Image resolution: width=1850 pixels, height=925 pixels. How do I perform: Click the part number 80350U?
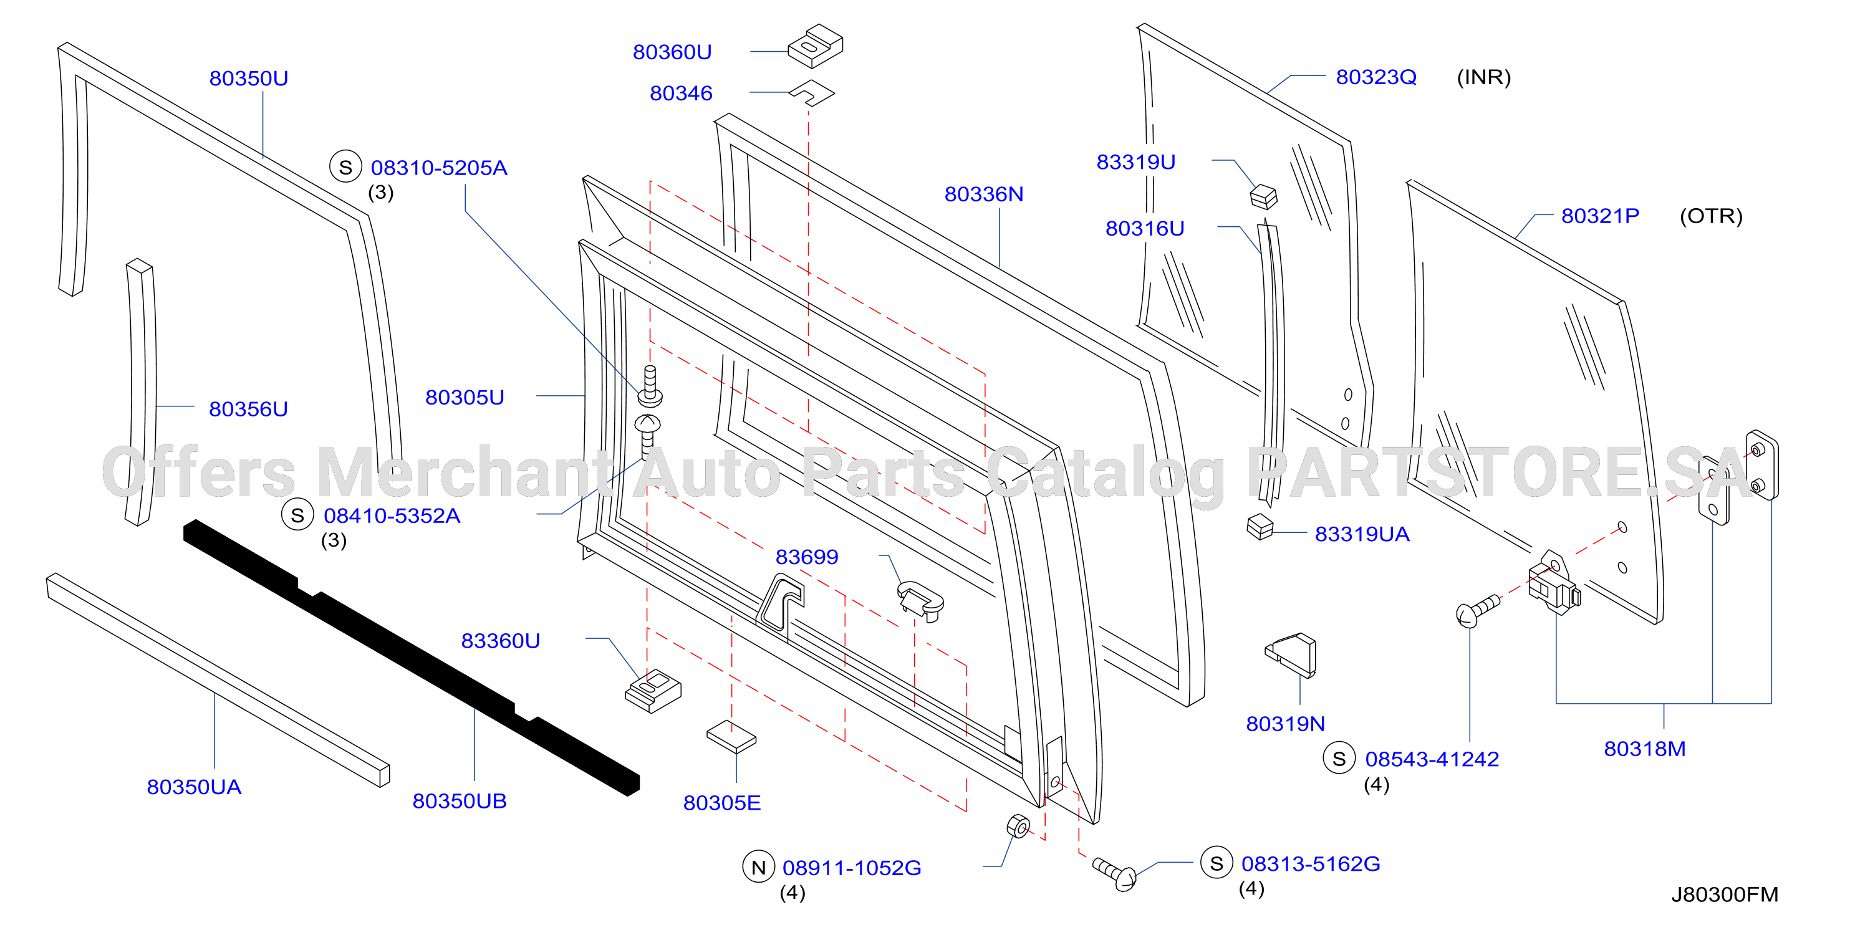point(249,79)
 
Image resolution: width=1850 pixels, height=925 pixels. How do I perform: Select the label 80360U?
point(672,52)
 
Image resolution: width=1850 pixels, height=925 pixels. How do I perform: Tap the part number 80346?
point(681,93)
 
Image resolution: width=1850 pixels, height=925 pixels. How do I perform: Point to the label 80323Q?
point(1376,77)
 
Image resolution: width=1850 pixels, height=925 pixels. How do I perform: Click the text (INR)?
point(1484,77)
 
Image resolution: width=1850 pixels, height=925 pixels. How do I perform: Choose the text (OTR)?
point(1711,216)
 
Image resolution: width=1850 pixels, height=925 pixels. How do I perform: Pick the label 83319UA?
point(1362,534)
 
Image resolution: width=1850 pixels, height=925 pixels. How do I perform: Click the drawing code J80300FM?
point(1724,895)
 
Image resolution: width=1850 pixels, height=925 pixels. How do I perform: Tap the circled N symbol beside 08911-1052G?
point(758,867)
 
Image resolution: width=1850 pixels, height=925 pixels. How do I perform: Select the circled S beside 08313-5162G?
point(1216,863)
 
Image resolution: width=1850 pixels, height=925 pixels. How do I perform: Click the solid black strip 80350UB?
point(411,657)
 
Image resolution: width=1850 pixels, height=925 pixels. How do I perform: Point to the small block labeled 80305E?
point(732,737)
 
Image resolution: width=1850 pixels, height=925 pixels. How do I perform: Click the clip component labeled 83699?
point(921,600)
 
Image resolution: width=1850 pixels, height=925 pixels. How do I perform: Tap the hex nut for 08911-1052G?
point(1018,827)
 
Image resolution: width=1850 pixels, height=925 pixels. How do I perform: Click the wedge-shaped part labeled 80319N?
point(1291,655)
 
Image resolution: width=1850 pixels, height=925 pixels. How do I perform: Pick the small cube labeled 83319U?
point(1264,197)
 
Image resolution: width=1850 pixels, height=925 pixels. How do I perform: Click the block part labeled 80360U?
point(815,47)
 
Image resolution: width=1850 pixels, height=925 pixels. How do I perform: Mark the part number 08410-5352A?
point(392,515)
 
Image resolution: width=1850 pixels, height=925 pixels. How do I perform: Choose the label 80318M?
point(1645,749)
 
